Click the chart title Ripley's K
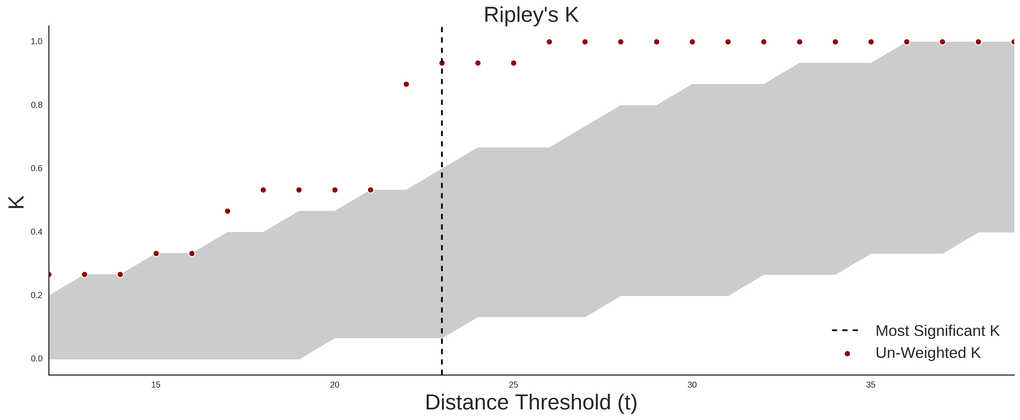tap(531, 15)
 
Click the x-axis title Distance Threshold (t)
tap(531, 403)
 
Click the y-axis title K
tap(16, 202)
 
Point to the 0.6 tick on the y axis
tap(37, 168)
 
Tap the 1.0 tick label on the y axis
tap(37, 42)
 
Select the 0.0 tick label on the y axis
tap(37, 359)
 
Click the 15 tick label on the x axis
tap(156, 385)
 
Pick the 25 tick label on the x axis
tap(513, 385)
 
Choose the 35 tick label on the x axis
tap(871, 385)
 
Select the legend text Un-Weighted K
tap(928, 353)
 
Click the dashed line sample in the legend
tap(845, 330)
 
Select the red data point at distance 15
tap(156, 254)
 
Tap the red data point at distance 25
tap(514, 63)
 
